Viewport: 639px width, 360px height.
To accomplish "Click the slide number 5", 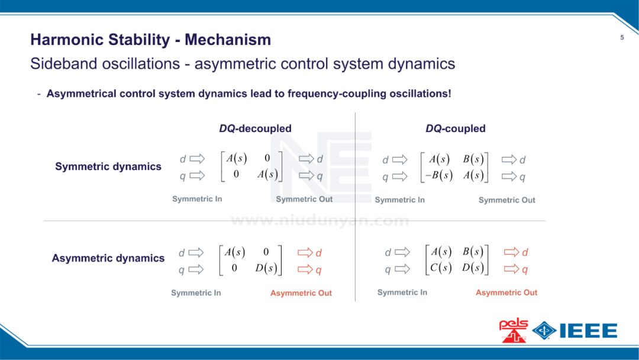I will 622,38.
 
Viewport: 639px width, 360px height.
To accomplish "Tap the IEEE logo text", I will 588,330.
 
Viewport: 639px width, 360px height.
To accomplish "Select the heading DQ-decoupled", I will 255,128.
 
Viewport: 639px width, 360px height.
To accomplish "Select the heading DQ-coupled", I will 455,128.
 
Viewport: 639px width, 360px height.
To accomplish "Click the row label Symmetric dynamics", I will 108,166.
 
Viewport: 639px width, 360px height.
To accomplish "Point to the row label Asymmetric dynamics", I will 108,258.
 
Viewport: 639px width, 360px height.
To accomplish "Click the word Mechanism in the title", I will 228,40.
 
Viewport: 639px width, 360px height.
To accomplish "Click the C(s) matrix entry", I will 441,268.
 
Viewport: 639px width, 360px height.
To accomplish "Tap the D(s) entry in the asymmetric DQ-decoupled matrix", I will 266,268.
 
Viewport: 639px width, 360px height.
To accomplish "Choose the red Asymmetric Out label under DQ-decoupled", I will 301,293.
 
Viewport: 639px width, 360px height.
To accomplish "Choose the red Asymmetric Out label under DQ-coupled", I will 506,292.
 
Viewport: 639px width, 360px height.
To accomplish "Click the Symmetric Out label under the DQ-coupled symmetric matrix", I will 506,200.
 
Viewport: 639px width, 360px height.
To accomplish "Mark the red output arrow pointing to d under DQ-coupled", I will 511,252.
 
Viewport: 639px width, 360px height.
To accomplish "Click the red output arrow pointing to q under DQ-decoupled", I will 305,270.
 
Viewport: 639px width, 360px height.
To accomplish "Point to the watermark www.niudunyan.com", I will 319,221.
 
